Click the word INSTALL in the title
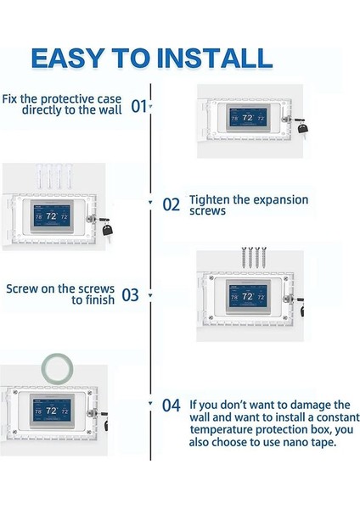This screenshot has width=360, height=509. coord(215,58)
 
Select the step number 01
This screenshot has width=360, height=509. coord(138,106)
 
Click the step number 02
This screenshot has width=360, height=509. coord(171,204)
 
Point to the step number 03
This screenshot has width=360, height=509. coord(130,295)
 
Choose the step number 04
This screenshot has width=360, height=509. coord(171,406)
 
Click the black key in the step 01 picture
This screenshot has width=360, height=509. coord(302,127)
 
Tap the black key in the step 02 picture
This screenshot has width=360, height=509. coord(108,229)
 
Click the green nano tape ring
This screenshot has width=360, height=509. coord(57,368)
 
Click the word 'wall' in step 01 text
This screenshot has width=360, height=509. coord(110,109)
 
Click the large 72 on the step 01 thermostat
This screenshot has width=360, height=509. coord(248,118)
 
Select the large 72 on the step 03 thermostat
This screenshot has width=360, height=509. coord(248,296)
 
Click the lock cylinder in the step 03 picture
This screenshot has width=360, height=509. coord(287,299)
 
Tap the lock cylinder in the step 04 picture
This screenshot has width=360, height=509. coord(92,413)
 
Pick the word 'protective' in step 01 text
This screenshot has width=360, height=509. coord(81,99)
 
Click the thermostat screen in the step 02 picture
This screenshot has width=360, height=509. coord(51,216)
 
